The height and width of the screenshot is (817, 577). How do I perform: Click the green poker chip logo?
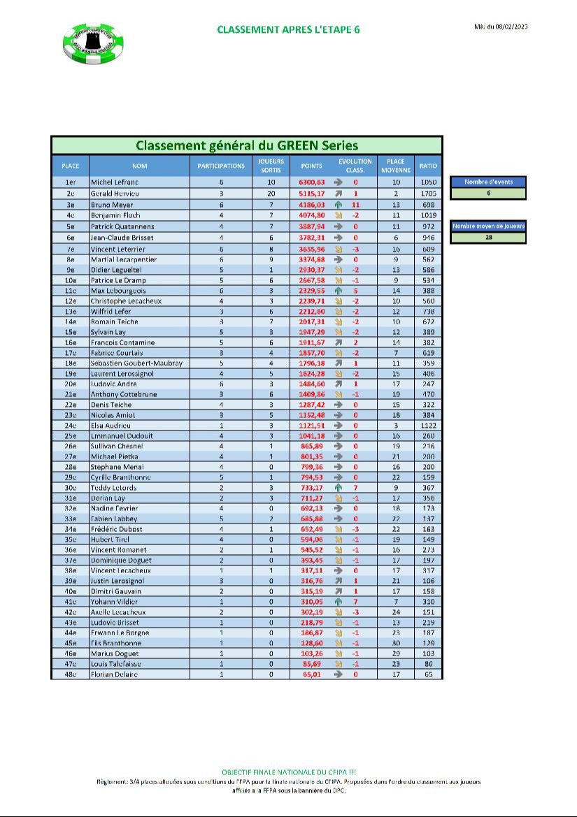[x=93, y=42]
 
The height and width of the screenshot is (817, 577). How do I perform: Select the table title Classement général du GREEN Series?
[x=246, y=145]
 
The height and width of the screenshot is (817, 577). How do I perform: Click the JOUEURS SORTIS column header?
[x=271, y=166]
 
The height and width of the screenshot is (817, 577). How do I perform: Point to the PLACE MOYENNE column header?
[x=395, y=166]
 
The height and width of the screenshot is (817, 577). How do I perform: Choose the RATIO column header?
[x=428, y=166]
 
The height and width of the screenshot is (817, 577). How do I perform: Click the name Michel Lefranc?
[x=114, y=182]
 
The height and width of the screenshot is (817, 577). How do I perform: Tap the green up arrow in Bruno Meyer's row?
[x=338, y=205]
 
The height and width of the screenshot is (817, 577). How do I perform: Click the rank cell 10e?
[x=70, y=280]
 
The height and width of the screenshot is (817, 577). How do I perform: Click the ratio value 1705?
[x=429, y=193]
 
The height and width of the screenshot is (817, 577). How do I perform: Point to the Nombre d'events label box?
[x=488, y=182]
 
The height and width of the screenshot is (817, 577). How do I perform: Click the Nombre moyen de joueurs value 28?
[x=488, y=238]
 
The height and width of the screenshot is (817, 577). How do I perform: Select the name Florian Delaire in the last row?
[x=114, y=674]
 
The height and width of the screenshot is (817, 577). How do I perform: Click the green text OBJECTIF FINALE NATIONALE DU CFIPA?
[x=289, y=772]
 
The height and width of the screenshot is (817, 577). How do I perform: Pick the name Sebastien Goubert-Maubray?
[x=136, y=363]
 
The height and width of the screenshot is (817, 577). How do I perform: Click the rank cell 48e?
[x=70, y=674]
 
